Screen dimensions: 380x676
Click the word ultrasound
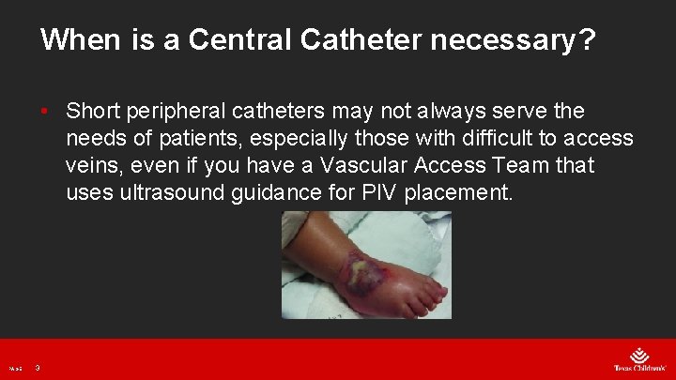tap(177, 193)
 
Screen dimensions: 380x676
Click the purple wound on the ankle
tap(364, 274)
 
